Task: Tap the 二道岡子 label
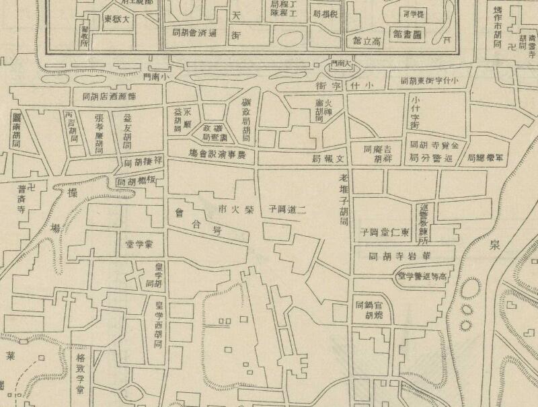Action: point(289,208)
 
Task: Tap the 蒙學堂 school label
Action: point(139,242)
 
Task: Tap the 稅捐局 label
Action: point(328,13)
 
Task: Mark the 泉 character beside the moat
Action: point(496,245)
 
